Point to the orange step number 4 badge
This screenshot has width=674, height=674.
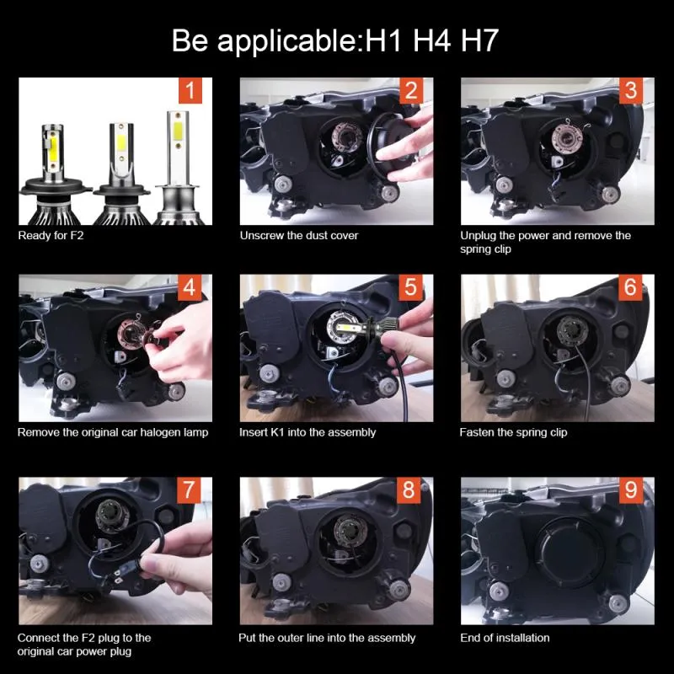pyautogui.click(x=190, y=288)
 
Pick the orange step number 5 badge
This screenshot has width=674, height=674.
pyautogui.click(x=410, y=288)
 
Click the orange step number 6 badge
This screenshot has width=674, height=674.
pyautogui.click(x=631, y=288)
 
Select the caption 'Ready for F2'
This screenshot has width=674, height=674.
pyautogui.click(x=51, y=236)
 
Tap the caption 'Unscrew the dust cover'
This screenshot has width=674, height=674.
pyautogui.click(x=299, y=236)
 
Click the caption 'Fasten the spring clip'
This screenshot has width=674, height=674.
pyautogui.click(x=513, y=432)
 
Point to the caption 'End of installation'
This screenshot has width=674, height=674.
pyautogui.click(x=505, y=638)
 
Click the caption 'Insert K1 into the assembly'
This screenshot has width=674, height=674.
pyautogui.click(x=308, y=432)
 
